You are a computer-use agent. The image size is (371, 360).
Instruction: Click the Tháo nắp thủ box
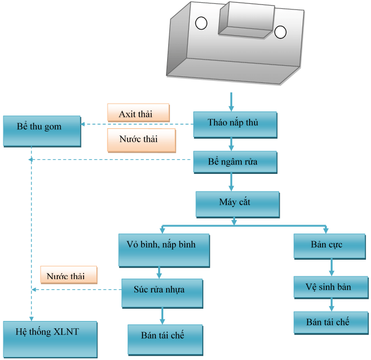click(235, 125)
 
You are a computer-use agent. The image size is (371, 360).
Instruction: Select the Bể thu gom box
click(42, 131)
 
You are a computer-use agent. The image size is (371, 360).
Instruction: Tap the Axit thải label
click(138, 113)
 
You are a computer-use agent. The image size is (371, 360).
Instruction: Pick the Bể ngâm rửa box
click(235, 162)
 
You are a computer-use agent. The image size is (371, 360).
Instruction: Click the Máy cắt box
click(237, 205)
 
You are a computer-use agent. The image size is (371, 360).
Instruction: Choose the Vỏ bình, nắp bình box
click(164, 250)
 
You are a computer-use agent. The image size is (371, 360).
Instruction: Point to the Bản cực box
click(330, 246)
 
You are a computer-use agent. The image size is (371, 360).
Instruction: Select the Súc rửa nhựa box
click(162, 293)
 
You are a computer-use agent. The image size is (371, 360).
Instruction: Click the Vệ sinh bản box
click(331, 287)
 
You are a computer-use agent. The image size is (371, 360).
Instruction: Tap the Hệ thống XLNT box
click(50, 339)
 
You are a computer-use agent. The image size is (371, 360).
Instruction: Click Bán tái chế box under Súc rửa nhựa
click(165, 339)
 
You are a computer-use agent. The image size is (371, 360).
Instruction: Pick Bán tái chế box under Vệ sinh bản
click(331, 323)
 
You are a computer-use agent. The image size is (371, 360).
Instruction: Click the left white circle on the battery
click(201, 23)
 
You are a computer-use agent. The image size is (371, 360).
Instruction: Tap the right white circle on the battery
click(280, 32)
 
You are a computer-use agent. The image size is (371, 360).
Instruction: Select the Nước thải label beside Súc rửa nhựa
click(69, 275)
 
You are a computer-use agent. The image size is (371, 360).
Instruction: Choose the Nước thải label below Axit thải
click(141, 140)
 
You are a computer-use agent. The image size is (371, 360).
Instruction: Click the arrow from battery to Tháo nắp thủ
click(231, 102)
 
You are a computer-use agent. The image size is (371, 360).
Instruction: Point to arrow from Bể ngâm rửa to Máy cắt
click(231, 182)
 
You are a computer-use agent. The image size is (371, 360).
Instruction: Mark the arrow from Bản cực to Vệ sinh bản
click(331, 267)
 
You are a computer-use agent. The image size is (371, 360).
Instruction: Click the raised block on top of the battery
click(246, 20)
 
